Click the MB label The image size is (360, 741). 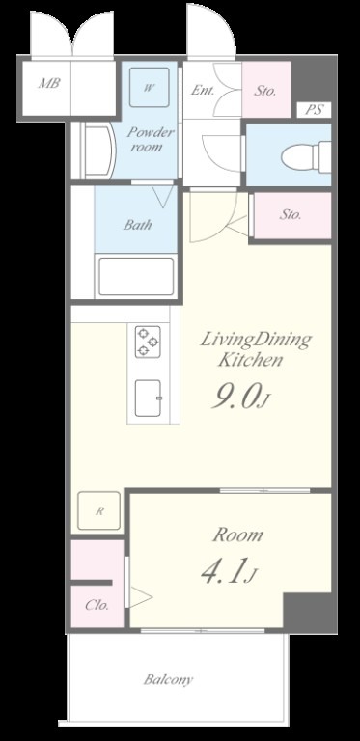pyautogui.click(x=49, y=83)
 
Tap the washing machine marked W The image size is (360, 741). pyautogui.click(x=150, y=87)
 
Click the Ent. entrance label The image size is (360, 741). pyautogui.click(x=203, y=90)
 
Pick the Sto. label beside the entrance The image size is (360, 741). pyautogui.click(x=265, y=91)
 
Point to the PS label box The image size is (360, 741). pyautogui.click(x=314, y=110)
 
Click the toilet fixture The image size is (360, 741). pyautogui.click(x=306, y=155)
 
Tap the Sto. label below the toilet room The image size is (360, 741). pyautogui.click(x=291, y=214)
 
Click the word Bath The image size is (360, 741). pyautogui.click(x=138, y=225)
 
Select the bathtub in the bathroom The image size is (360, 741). pyautogui.click(x=136, y=277)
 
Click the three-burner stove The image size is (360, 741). pyautogui.click(x=148, y=342)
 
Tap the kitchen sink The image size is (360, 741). pyautogui.click(x=149, y=398)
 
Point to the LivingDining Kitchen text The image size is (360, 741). pyautogui.click(x=256, y=349)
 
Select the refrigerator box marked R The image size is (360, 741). pyautogui.click(x=99, y=510)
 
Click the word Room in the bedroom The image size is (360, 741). pyautogui.click(x=237, y=535)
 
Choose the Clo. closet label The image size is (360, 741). pyautogui.click(x=97, y=605)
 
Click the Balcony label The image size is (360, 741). pyautogui.click(x=168, y=680)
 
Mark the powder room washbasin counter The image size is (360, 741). pyautogui.click(x=97, y=151)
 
